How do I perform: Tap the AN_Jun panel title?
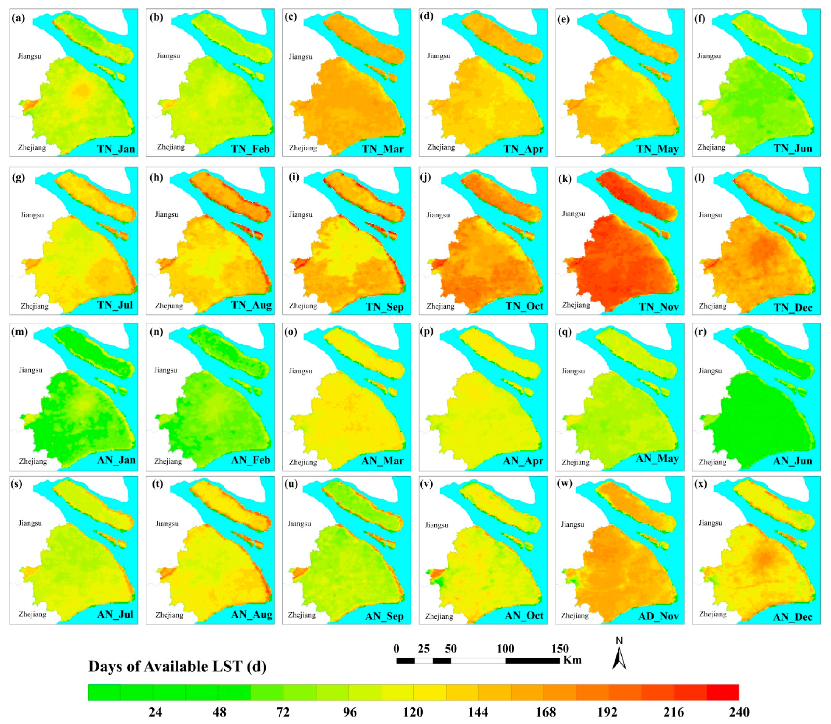[792, 461]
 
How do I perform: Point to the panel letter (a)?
[18, 18]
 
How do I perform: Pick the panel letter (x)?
[701, 483]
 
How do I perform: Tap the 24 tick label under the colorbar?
[155, 712]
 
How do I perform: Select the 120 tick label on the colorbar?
[413, 712]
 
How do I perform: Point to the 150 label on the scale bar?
[560, 649]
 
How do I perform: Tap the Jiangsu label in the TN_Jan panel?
[29, 56]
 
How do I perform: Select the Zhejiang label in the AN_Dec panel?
[712, 614]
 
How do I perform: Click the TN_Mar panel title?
[383, 149]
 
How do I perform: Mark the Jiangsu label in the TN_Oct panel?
[438, 215]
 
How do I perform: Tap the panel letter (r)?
[701, 332]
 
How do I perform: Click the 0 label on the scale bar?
[396, 649]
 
